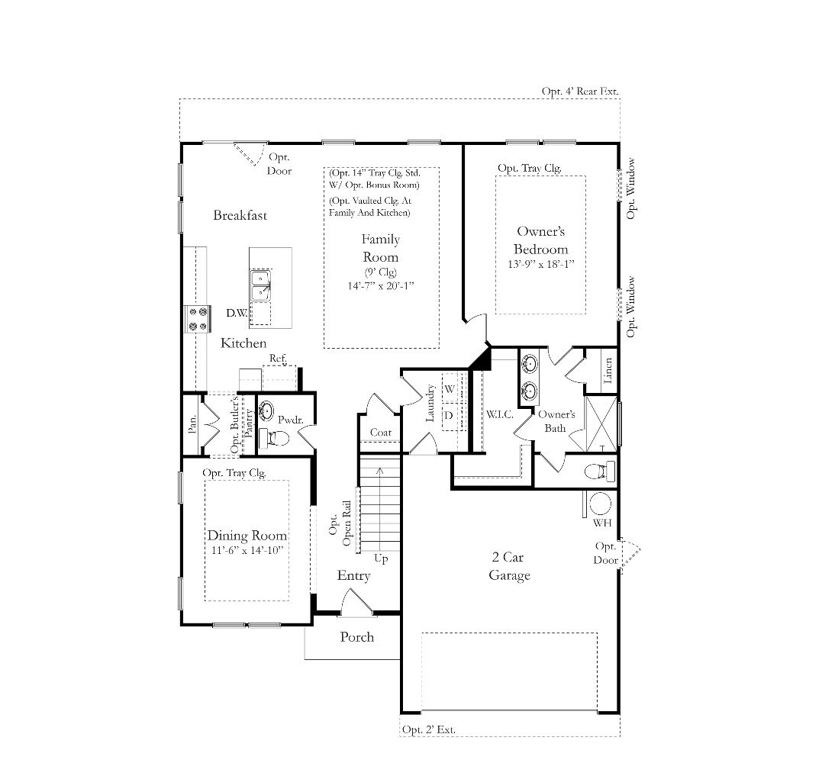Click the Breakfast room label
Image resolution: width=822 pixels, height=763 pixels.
point(240,215)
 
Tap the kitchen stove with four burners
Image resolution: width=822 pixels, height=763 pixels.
point(198,319)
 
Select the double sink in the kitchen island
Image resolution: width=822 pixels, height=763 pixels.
point(260,285)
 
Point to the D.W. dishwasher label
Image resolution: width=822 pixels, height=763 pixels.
point(237,313)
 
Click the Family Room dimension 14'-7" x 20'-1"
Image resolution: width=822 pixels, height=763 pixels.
point(381,285)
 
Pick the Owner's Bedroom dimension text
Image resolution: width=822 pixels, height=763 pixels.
point(540,263)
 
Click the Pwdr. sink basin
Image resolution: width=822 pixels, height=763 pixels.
point(266,410)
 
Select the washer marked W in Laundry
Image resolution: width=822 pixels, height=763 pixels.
point(450,389)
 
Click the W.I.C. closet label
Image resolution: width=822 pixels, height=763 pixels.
point(500,414)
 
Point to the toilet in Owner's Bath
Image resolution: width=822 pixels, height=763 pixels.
point(599,471)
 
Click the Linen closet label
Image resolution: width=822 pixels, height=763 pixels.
point(608,371)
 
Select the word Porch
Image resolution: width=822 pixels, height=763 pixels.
point(357,636)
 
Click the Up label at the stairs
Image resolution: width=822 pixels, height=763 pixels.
point(381,559)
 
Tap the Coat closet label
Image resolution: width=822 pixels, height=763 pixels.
point(381,433)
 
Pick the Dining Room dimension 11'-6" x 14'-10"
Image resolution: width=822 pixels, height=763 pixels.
point(247,550)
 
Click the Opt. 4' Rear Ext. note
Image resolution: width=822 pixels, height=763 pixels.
point(580,92)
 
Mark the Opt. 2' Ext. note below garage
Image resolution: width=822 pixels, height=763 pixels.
point(428,729)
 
